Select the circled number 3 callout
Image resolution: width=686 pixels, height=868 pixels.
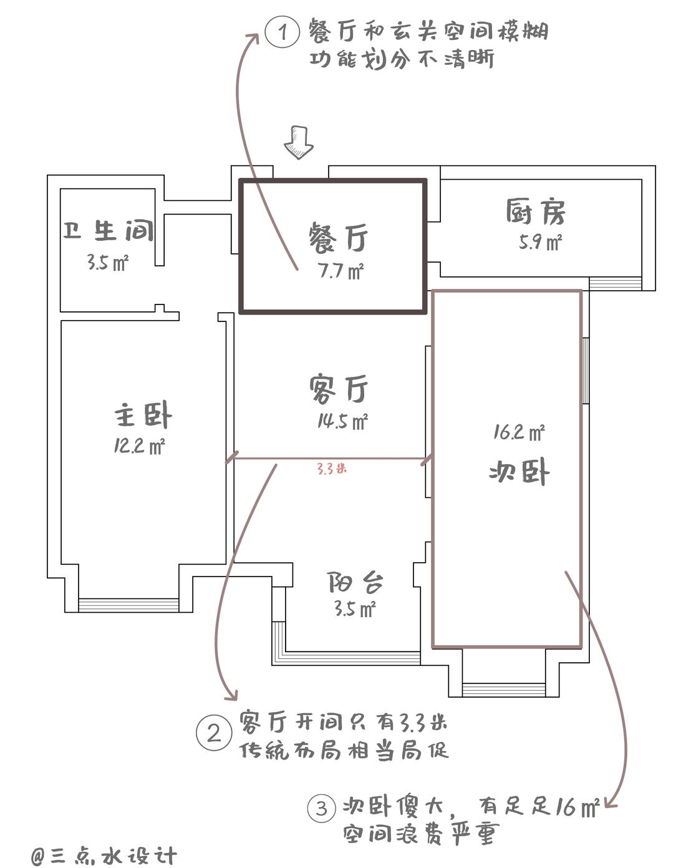tap(321, 809)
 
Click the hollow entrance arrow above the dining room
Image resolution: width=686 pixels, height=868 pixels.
tap(299, 142)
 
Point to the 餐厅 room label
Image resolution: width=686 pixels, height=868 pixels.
tap(338, 238)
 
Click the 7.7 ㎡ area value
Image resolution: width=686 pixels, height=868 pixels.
tap(340, 272)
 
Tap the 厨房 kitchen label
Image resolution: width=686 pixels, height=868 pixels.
tap(536, 212)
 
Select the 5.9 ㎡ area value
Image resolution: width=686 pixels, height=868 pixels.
tap(540, 241)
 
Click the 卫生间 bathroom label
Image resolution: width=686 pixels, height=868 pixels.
tap(108, 231)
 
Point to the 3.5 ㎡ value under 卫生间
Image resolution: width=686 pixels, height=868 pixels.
tap(107, 263)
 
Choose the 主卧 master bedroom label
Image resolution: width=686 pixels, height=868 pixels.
tap(143, 416)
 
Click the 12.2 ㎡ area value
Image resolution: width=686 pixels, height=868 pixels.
tap(139, 446)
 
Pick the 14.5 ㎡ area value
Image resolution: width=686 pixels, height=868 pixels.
tap(342, 422)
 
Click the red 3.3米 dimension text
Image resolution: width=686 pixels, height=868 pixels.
tap(331, 468)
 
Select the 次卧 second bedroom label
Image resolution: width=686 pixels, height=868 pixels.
tap(519, 472)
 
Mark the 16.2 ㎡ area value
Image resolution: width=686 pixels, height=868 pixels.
tap(519, 432)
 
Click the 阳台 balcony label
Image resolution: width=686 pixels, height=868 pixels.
tap(355, 583)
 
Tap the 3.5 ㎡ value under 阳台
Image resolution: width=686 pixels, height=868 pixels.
tap(354, 609)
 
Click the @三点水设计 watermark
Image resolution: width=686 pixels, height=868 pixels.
tap(104, 856)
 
